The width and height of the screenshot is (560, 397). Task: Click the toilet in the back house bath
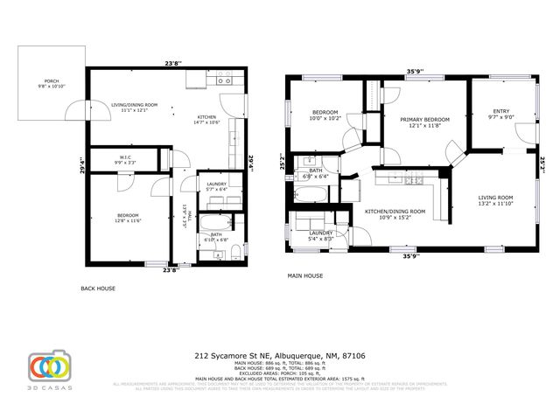tap(236, 254)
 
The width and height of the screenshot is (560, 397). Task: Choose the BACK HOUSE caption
tap(97, 289)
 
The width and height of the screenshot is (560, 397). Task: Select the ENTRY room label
tap(500, 111)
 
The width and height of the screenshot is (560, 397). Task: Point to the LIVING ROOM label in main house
tap(494, 198)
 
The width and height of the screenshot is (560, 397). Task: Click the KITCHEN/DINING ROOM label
tap(395, 211)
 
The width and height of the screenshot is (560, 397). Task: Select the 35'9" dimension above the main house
tap(415, 73)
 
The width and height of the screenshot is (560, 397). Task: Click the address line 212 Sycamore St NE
tap(279, 357)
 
